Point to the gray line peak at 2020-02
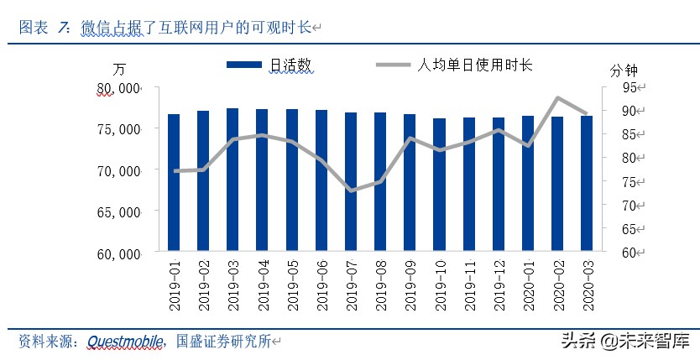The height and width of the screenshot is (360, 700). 557,97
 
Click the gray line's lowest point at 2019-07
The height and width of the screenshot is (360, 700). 351,190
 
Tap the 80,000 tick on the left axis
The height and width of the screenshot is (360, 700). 117,87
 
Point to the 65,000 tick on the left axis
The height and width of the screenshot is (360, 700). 117,211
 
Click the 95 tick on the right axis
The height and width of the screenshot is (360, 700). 629,87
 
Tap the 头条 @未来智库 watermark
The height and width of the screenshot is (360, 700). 624,341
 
